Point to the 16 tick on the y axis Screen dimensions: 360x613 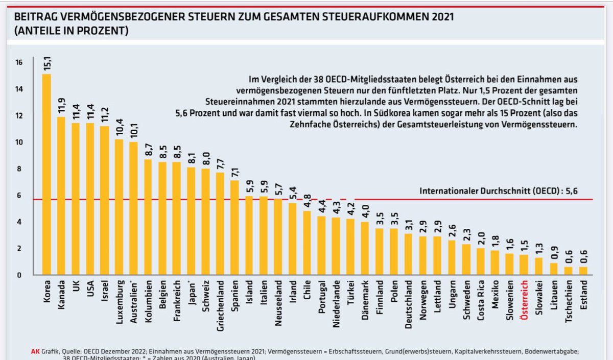coord(19,63)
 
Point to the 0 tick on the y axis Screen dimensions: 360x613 coord(19,275)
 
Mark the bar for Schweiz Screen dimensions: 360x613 coord(206,222)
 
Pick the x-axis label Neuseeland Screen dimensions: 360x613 coord(278,301)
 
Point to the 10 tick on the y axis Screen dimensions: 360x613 coord(19,142)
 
